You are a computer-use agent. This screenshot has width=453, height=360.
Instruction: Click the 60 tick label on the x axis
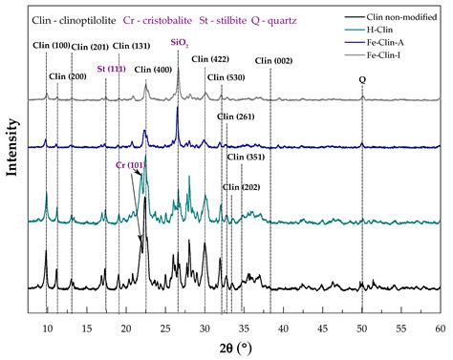coord(440,328)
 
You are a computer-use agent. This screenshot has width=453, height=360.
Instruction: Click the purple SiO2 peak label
coord(179,42)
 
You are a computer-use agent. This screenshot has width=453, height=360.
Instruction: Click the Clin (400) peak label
coord(155,70)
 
